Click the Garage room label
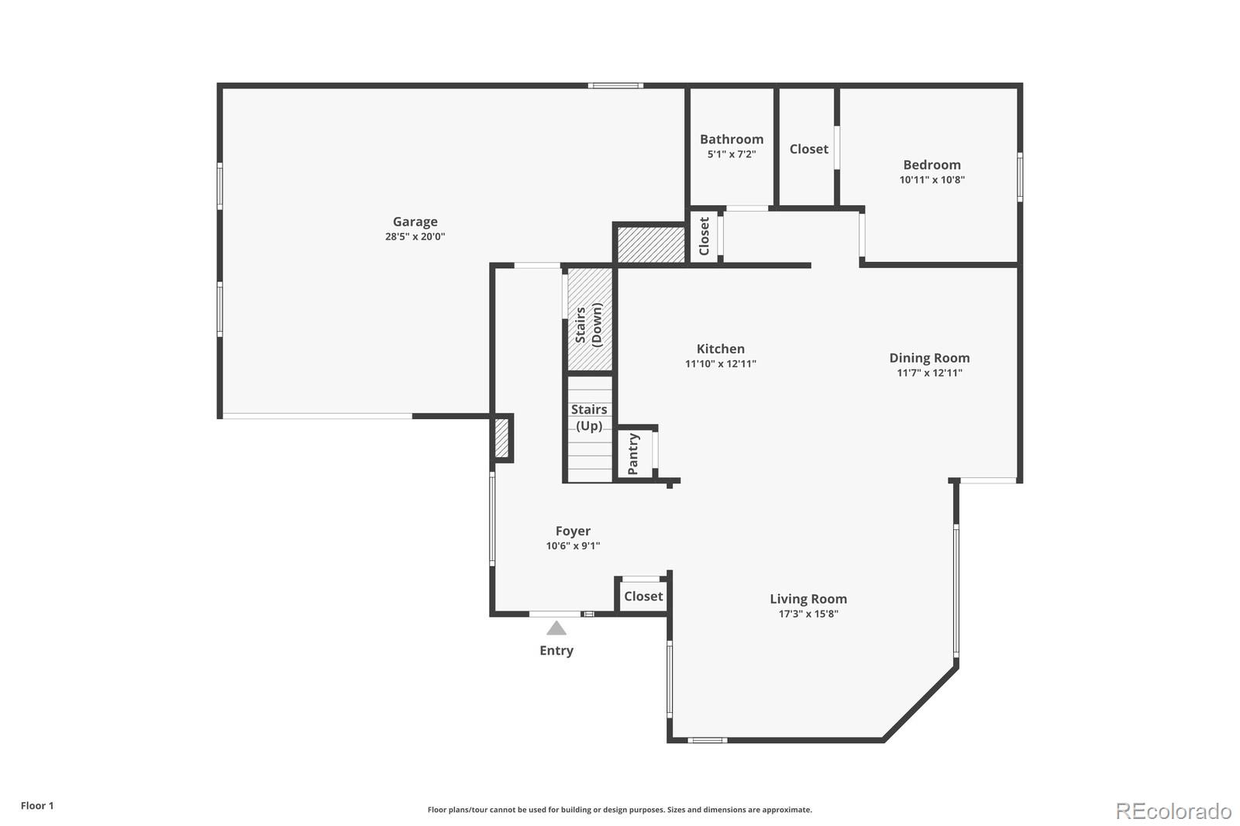pyautogui.click(x=415, y=222)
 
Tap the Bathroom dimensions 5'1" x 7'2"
pyautogui.click(x=732, y=154)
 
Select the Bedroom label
pyautogui.click(x=932, y=164)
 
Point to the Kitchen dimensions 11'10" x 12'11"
pyautogui.click(x=720, y=363)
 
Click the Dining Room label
pyautogui.click(x=929, y=358)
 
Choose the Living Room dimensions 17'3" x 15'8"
pyautogui.click(x=808, y=614)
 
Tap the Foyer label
pyautogui.click(x=573, y=531)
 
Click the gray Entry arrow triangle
pyautogui.click(x=556, y=628)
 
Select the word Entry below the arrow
pyautogui.click(x=556, y=651)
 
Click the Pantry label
pyautogui.click(x=633, y=454)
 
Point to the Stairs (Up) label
pyautogui.click(x=589, y=418)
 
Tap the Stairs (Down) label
pyautogui.click(x=588, y=325)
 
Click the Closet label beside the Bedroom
pyautogui.click(x=809, y=149)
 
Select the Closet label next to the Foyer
pyautogui.click(x=643, y=596)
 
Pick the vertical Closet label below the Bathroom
pyautogui.click(x=704, y=236)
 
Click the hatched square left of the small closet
pyautogui.click(x=651, y=244)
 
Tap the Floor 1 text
pyautogui.click(x=37, y=806)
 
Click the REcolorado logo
pyautogui.click(x=1173, y=811)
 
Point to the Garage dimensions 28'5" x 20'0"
pyautogui.click(x=415, y=236)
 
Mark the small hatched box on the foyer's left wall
pyautogui.click(x=501, y=438)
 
